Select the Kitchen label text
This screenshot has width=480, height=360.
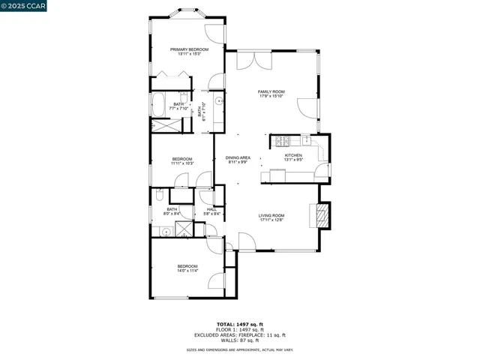pos(292,154)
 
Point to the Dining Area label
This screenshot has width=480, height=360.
pos(238,157)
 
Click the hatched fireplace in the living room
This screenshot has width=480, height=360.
pos(321,216)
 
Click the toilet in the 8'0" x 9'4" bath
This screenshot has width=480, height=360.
pos(158,196)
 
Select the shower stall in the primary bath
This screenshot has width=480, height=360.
pos(162,125)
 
